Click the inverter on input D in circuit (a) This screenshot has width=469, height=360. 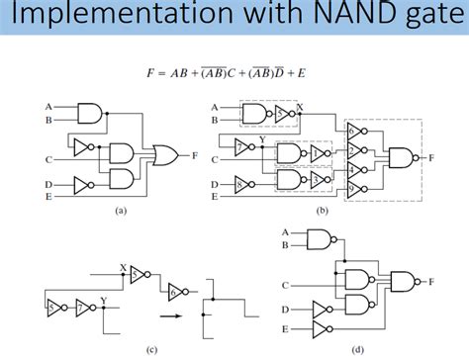[x=82, y=183]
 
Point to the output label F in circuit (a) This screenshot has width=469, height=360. [x=195, y=154]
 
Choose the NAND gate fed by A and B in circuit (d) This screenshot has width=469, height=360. [x=321, y=238]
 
